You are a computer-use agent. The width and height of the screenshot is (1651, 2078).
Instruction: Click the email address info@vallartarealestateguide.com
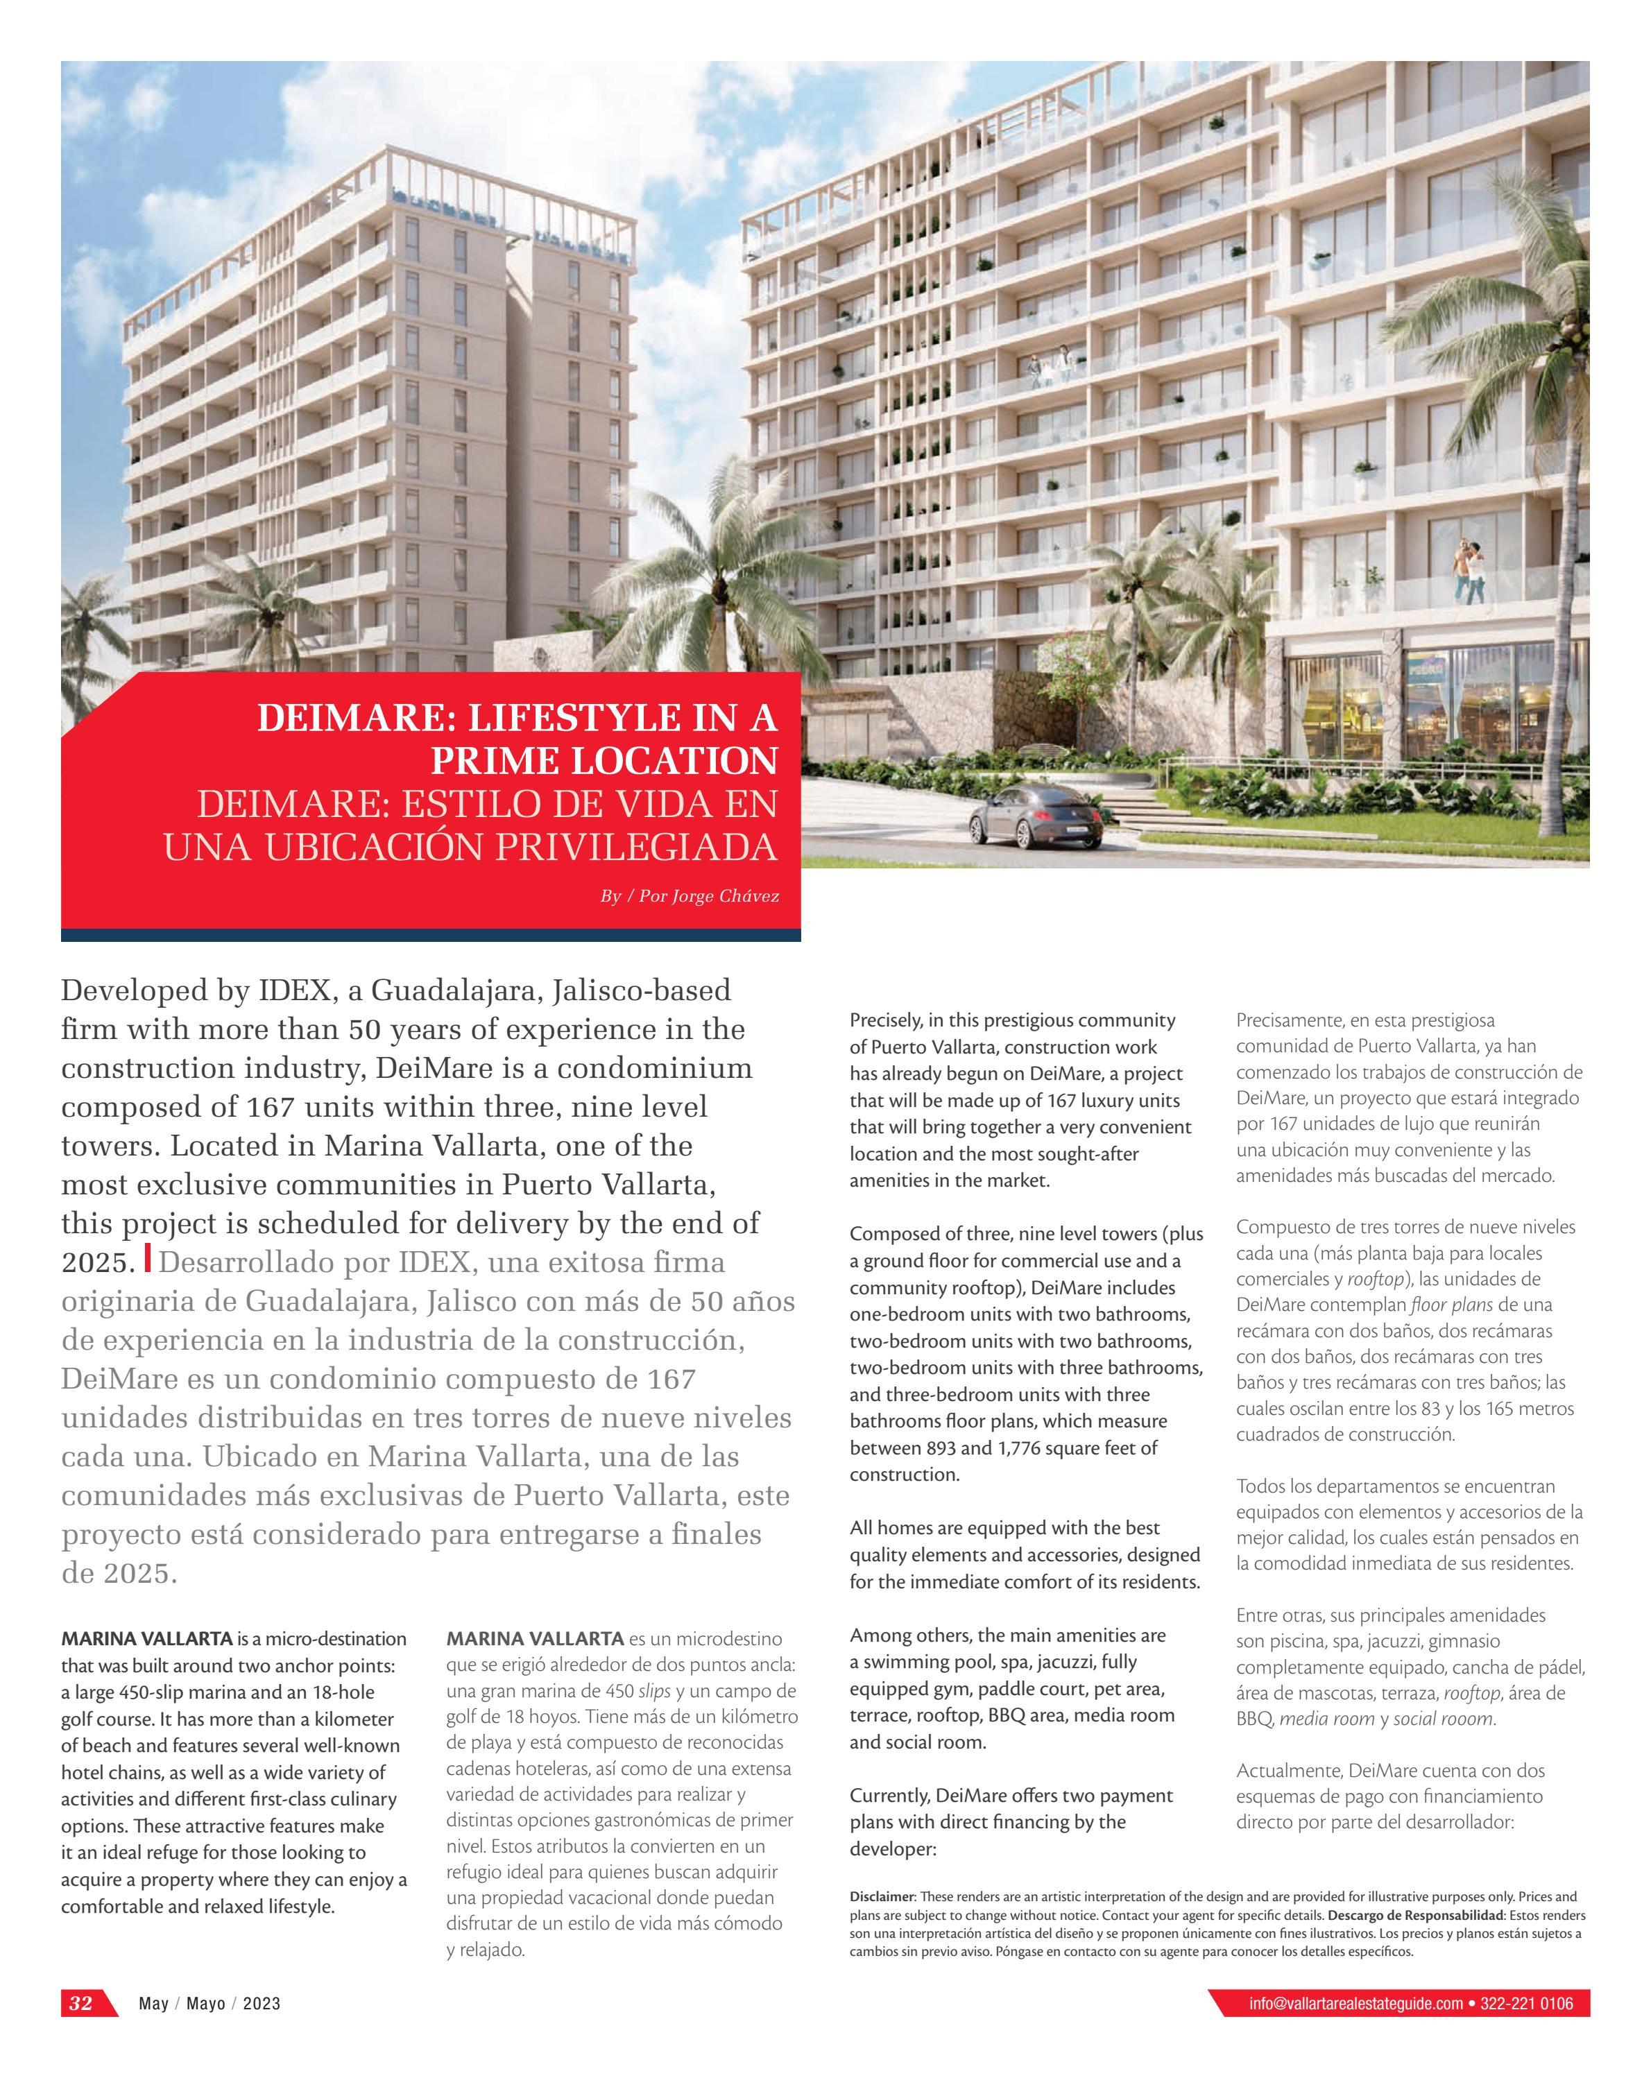tap(1355, 2004)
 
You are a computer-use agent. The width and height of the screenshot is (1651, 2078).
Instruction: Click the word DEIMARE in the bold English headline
tap(348, 718)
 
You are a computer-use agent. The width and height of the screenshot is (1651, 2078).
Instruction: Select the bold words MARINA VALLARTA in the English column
tap(146, 1638)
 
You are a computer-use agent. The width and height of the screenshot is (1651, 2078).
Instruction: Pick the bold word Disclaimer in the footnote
tap(882, 1897)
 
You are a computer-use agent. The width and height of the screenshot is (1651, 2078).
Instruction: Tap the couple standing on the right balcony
tap(1468, 571)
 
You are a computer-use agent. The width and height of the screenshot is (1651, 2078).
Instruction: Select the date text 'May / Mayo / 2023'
tap(209, 2004)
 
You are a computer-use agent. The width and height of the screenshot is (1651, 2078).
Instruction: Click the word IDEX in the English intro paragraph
tap(290, 990)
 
